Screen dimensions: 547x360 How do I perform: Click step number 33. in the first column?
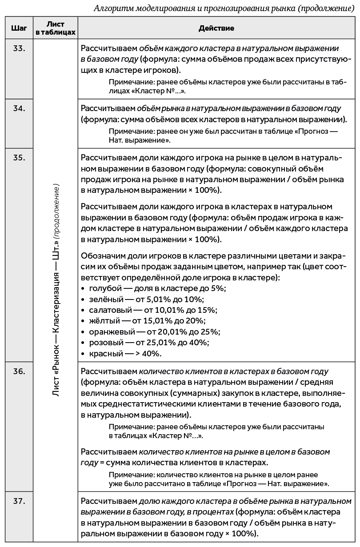19,48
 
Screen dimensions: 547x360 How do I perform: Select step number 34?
19,108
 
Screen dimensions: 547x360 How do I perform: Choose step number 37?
19,501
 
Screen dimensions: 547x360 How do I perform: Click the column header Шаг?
19,28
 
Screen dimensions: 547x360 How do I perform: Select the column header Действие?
216,28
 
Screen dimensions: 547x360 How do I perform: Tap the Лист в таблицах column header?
56,28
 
